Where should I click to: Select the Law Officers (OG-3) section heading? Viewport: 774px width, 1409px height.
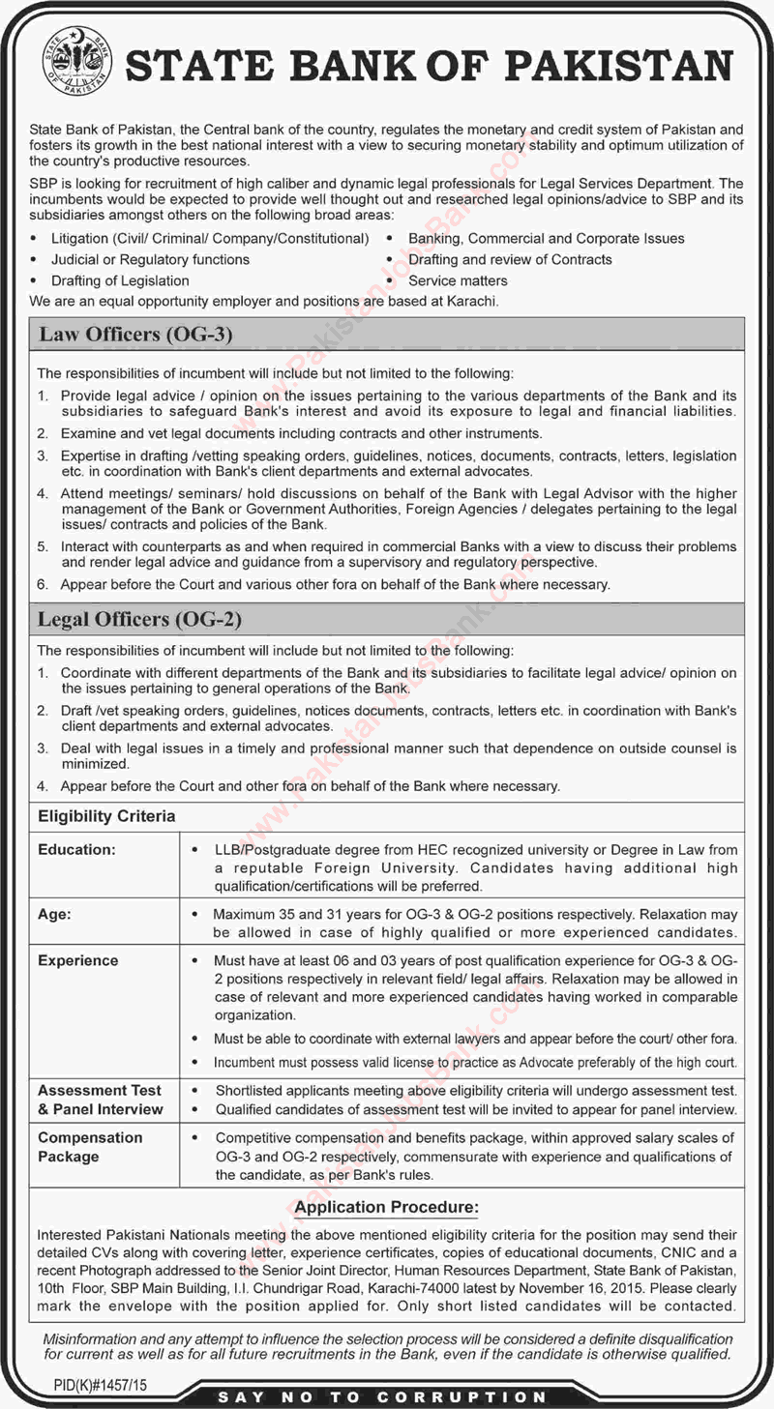coord(135,336)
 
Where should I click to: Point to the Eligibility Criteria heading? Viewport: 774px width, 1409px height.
coord(106,816)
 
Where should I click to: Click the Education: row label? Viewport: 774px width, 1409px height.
coord(76,849)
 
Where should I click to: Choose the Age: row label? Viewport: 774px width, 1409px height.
coord(54,913)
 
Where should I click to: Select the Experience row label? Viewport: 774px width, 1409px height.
coord(77,960)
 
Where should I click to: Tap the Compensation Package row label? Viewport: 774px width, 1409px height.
coord(90,1147)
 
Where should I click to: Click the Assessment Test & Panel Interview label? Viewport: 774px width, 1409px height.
coord(101,1100)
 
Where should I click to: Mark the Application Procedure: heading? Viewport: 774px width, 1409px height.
coord(387,1208)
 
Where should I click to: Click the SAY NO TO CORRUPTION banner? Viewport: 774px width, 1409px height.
coord(382,1396)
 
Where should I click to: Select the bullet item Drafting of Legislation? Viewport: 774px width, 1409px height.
coord(120,280)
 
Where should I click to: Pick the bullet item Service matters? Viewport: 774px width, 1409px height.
coord(458,280)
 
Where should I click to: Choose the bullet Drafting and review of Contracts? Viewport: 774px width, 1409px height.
coord(510,259)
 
